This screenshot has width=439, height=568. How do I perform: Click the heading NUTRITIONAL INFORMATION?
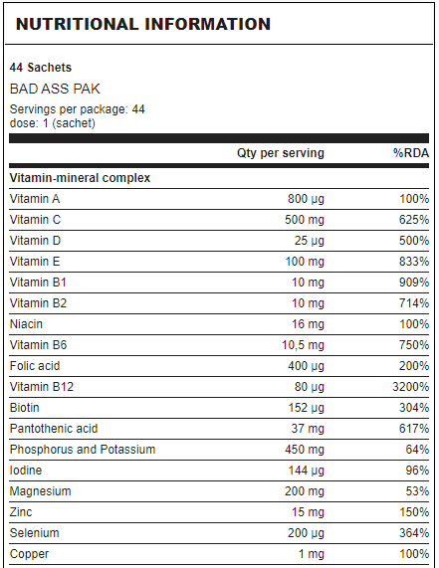143,24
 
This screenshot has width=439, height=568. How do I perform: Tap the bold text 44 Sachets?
41,68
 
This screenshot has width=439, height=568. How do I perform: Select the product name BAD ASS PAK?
55,89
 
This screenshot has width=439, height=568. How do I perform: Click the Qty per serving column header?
281,153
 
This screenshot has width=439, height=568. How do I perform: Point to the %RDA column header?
411,153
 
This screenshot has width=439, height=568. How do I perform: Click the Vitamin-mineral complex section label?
80,178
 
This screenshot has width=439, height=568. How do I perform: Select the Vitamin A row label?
35,199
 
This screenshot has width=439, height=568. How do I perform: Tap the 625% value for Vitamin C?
414,220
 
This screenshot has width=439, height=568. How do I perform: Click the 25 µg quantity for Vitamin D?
310,241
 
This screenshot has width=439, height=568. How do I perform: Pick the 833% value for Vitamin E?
414,262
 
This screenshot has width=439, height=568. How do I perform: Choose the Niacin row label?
26,324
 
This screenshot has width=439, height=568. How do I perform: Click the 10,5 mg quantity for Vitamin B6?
303,345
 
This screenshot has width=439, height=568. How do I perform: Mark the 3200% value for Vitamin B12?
411,387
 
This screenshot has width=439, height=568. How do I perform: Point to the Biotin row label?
24,408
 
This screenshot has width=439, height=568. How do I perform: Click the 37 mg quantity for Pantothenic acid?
308,429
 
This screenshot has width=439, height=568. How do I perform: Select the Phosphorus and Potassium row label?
83,450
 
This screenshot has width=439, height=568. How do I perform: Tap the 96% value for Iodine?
417,471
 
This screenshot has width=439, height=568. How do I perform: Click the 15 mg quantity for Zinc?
309,512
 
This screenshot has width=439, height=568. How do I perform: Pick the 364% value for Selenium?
414,533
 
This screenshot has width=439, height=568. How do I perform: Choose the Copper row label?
29,554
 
